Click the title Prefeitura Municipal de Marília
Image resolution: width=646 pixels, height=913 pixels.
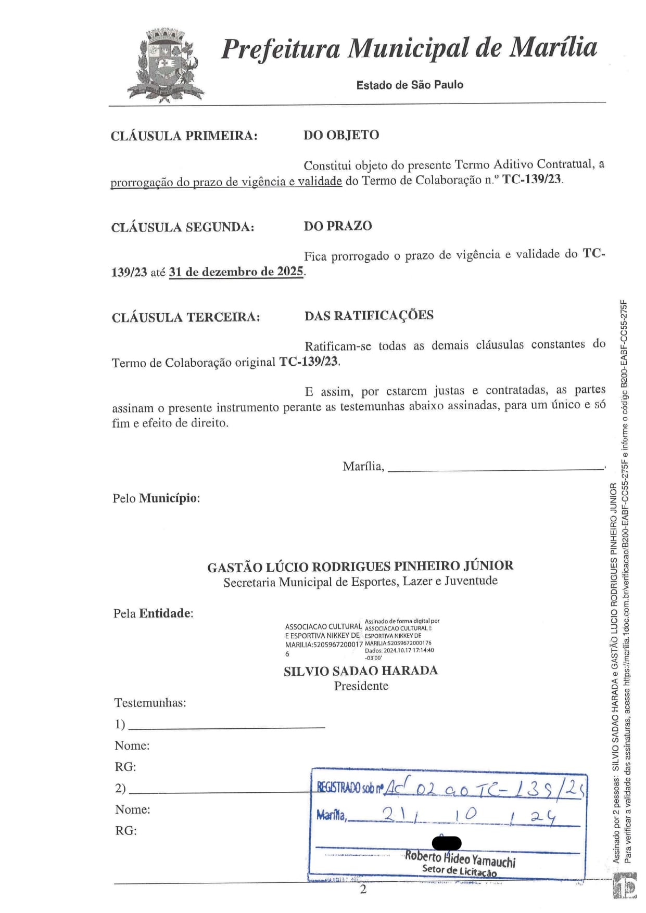point(409,48)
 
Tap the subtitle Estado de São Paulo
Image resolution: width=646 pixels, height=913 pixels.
point(410,85)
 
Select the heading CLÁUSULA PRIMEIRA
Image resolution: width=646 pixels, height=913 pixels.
point(184,136)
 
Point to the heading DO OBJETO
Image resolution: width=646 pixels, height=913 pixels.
point(341,135)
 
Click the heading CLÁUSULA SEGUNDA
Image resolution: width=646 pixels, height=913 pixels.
point(183,227)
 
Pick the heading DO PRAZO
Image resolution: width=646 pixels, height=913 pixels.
point(338,226)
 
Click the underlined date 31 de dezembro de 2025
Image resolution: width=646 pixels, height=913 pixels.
point(236,272)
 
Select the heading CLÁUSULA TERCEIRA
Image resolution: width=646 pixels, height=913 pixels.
point(186,317)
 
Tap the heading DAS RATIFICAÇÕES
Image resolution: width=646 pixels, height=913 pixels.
point(369,315)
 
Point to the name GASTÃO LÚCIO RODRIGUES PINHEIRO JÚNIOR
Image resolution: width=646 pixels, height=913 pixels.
point(360,566)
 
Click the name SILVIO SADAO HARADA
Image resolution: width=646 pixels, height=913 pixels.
point(361,671)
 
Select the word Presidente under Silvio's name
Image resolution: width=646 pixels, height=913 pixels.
point(361,686)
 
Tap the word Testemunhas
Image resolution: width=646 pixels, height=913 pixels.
point(150,703)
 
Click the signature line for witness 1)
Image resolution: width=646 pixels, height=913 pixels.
point(226,725)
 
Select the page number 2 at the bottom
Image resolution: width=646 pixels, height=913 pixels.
point(363,890)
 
